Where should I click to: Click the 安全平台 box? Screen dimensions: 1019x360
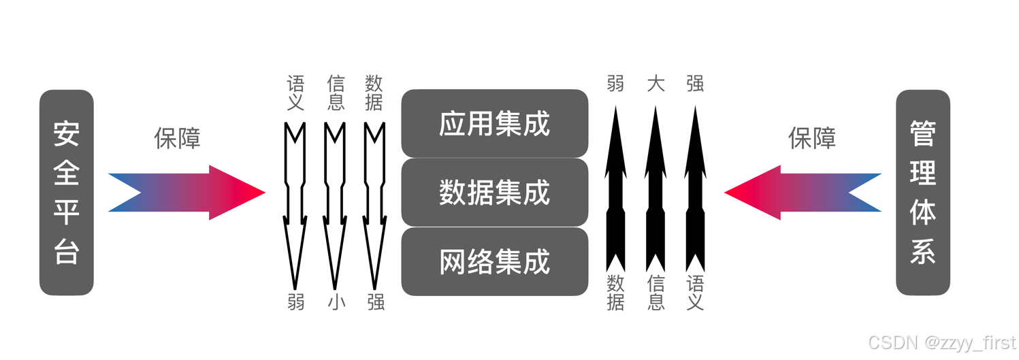point(67,193)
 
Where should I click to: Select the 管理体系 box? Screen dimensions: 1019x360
point(922,193)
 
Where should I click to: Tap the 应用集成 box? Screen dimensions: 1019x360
point(494,123)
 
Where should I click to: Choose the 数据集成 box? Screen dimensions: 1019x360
point(494,193)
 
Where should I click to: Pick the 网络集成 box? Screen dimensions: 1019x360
point(494,262)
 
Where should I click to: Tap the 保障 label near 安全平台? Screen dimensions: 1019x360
point(177,138)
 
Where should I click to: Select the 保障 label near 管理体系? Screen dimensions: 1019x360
point(811,138)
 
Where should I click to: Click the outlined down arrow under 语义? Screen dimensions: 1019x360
point(295,204)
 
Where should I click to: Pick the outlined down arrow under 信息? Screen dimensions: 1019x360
point(335,204)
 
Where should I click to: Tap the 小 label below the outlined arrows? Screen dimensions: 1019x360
point(336,301)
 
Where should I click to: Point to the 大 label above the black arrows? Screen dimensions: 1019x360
point(656,84)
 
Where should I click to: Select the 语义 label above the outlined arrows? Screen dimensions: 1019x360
point(295,93)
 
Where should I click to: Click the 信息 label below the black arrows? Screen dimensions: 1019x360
point(656,293)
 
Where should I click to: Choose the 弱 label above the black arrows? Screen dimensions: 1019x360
point(615,84)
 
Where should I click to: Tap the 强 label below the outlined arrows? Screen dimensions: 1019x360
point(376,301)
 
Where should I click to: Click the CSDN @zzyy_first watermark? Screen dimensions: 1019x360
point(941,342)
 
